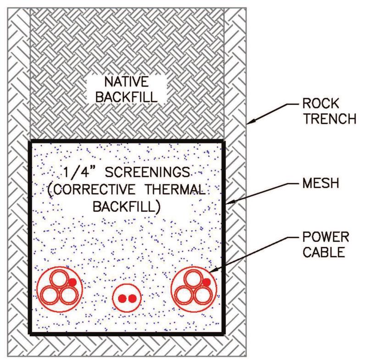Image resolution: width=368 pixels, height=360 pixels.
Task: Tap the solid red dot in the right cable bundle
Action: [207, 282]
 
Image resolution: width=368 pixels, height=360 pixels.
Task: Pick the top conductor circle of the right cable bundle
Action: [193, 278]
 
